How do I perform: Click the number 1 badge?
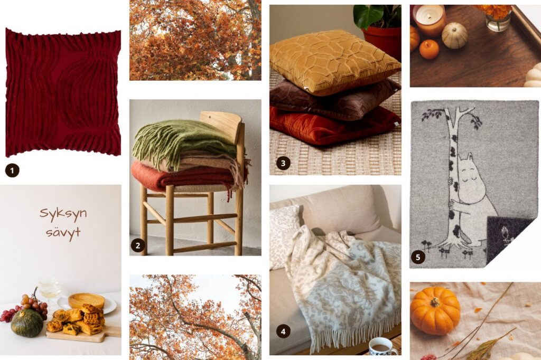[12, 170]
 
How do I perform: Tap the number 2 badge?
[138, 245]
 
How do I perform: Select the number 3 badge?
[283, 163]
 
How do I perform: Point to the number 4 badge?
[283, 331]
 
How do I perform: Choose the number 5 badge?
[418, 257]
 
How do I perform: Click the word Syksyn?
[63, 214]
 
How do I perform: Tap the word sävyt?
[63, 232]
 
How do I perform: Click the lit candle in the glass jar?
[429, 21]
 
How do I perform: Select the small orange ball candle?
[429, 49]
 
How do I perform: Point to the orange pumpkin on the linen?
[435, 311]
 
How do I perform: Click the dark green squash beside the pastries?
[27, 323]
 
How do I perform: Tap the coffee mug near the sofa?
[383, 347]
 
